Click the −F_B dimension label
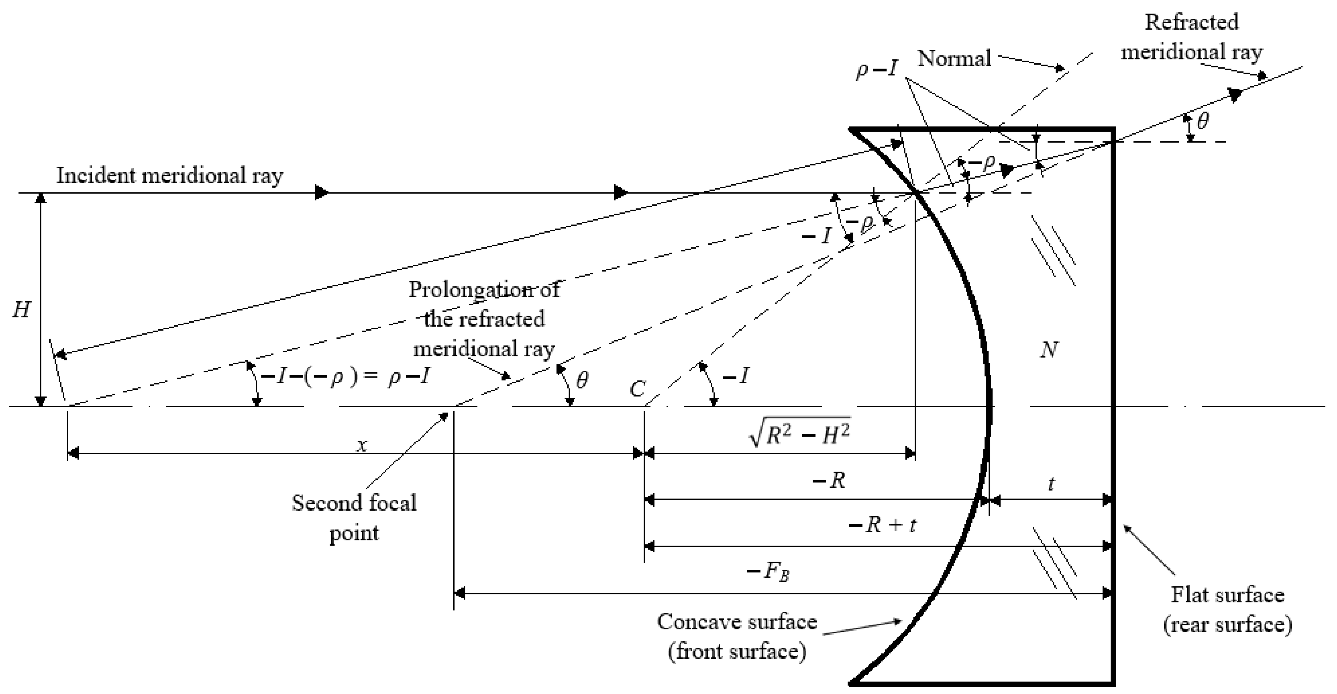click(x=768, y=572)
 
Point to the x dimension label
click(x=362, y=445)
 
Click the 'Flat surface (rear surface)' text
click(x=1227, y=609)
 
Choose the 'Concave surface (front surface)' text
click(x=737, y=636)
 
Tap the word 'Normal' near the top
click(x=954, y=58)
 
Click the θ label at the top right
click(x=1203, y=121)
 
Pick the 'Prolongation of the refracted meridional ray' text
click(x=484, y=319)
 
